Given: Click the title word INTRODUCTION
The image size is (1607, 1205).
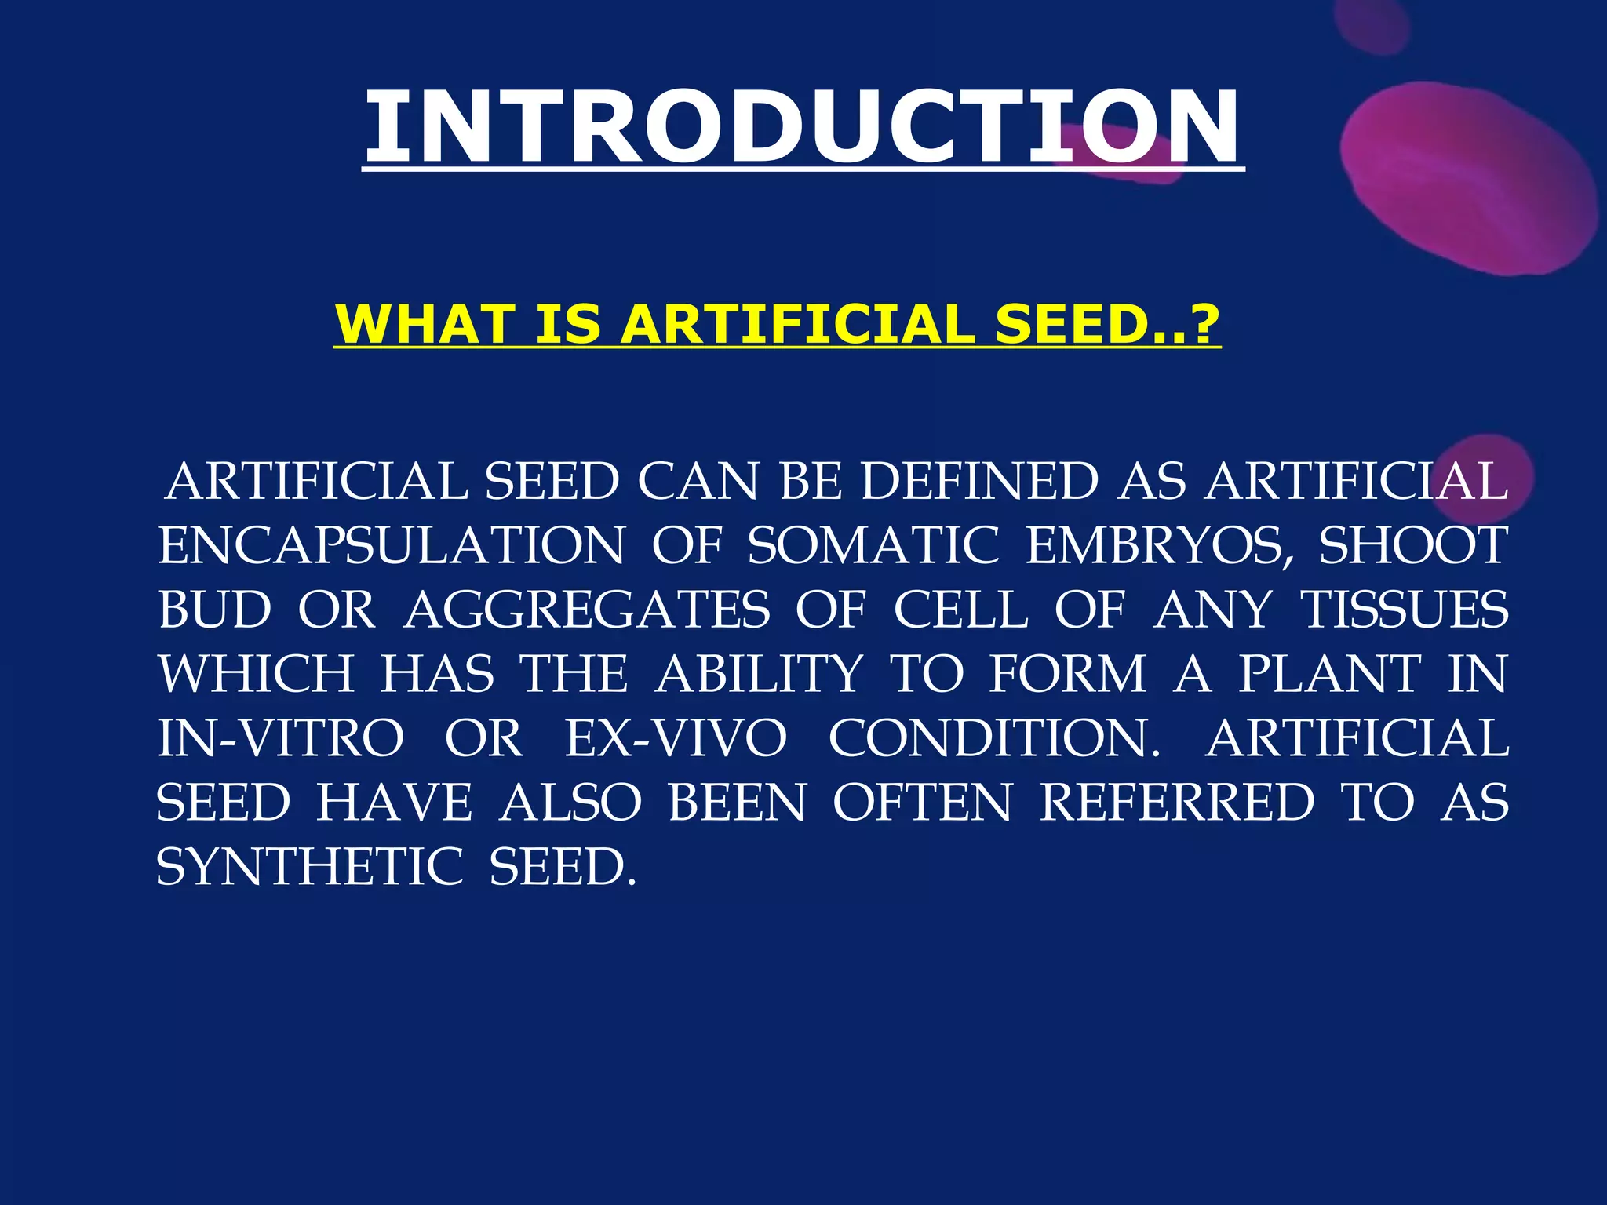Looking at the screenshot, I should coord(802,127).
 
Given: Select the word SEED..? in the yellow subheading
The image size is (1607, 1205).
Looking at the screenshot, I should coord(1106,324).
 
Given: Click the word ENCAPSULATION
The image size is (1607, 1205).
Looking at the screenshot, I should coord(392,545).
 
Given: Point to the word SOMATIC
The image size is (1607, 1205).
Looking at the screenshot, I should coord(873,545).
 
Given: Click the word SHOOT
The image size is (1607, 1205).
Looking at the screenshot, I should coord(1412,545).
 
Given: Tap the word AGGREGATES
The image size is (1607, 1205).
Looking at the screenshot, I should coord(586,610).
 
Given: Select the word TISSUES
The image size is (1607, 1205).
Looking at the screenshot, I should coord(1404,610).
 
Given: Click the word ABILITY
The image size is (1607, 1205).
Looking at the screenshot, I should coord(759,674).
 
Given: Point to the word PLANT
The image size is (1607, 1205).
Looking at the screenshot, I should coord(1329,674).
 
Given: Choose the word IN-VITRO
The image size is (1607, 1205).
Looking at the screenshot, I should coord(280,738).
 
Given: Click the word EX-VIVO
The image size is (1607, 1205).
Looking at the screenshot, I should coord(675,738).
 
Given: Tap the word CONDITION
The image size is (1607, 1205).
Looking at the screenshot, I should coord(993,738).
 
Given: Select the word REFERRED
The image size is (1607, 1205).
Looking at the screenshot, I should coord(1176,803).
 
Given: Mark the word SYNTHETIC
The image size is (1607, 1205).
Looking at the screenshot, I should coord(309,867).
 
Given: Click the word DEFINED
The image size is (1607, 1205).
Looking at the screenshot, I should coord(979,481).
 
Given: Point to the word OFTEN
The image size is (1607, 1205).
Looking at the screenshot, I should coord(922,803).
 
